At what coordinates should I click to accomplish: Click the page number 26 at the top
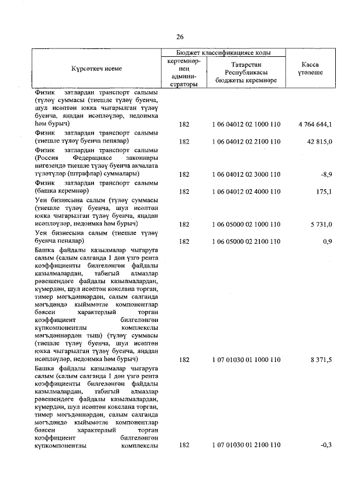(x=180, y=37)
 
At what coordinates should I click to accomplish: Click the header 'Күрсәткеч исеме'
(x=96, y=68)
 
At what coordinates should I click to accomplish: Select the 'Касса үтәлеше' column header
(x=310, y=69)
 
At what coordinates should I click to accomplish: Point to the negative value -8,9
(x=326, y=175)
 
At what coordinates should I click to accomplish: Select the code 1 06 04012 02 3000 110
(x=246, y=175)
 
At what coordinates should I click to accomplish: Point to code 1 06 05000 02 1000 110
(x=246, y=225)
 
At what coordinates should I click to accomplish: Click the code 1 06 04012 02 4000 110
(x=246, y=191)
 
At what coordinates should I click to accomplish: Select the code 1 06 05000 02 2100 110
(x=246, y=241)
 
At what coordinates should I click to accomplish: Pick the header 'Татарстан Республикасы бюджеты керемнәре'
(x=246, y=73)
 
